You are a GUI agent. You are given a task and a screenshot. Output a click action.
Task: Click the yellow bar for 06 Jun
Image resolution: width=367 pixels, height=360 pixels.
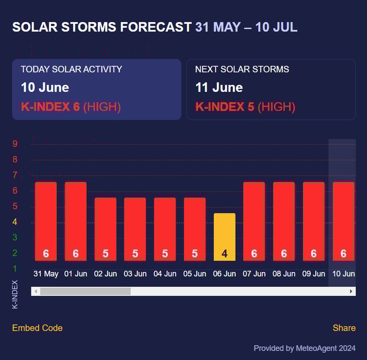pos(225,237)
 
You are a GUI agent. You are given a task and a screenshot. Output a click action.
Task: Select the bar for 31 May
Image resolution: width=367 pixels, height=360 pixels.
pos(45,221)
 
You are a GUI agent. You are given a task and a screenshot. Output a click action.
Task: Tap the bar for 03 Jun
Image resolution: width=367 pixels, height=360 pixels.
pos(135,229)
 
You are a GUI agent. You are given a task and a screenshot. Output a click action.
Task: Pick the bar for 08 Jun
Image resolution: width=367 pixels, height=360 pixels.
pos(284,221)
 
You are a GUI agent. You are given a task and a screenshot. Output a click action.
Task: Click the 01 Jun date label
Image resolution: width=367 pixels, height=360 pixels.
pos(75,274)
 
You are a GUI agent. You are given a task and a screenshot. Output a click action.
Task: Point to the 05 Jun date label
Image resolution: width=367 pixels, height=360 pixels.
pos(195,274)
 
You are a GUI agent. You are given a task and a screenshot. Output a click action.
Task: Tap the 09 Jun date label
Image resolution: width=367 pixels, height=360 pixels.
pos(314,274)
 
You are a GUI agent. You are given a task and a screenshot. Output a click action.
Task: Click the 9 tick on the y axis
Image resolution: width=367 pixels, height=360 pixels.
pos(15,144)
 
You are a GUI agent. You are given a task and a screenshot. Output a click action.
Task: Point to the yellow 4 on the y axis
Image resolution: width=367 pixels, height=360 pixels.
pos(15,222)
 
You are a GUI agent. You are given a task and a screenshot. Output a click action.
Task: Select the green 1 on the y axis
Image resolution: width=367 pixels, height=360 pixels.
pos(15,269)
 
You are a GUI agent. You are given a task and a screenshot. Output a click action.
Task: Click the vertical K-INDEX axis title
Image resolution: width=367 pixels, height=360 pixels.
pos(15,294)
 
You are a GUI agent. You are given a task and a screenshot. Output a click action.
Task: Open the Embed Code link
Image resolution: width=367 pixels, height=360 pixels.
pos(37,328)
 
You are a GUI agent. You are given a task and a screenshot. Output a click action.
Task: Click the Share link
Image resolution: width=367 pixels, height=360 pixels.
pos(344,328)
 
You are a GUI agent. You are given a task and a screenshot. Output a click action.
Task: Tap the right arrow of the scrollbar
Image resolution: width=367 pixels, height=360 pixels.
pos(351,292)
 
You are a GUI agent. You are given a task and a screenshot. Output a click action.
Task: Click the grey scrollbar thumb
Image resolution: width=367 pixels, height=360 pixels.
pos(85,292)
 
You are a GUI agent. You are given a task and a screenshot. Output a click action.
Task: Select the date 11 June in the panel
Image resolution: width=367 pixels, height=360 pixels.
pos(219,88)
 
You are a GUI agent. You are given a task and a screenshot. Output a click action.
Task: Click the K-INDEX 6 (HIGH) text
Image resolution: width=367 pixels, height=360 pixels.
pos(71,107)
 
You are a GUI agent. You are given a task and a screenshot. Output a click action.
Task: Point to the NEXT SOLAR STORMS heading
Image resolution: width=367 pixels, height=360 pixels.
pos(242,69)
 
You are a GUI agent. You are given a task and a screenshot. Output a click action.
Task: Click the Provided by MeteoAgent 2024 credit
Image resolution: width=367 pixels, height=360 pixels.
pos(304,348)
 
